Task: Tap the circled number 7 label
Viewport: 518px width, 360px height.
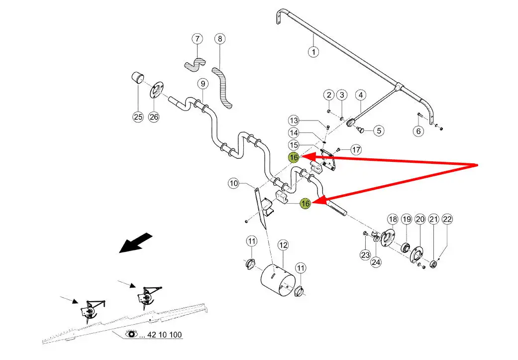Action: point(198,38)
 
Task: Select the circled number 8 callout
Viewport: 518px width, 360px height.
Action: point(220,38)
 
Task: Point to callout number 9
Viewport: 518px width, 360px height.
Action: point(202,83)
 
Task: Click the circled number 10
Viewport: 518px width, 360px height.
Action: point(234,183)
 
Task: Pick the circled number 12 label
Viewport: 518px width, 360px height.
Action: point(283,244)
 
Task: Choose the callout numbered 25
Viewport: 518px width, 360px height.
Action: point(137,117)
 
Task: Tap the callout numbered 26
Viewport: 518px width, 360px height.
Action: point(154,117)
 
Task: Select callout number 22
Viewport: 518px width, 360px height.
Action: point(447,220)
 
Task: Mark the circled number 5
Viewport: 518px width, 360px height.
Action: point(379,131)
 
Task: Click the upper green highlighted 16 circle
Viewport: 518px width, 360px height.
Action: point(294,157)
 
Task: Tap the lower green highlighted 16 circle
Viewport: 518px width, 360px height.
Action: point(306,203)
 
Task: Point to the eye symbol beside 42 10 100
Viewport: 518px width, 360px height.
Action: point(132,334)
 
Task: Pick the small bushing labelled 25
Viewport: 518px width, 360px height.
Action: point(137,78)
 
